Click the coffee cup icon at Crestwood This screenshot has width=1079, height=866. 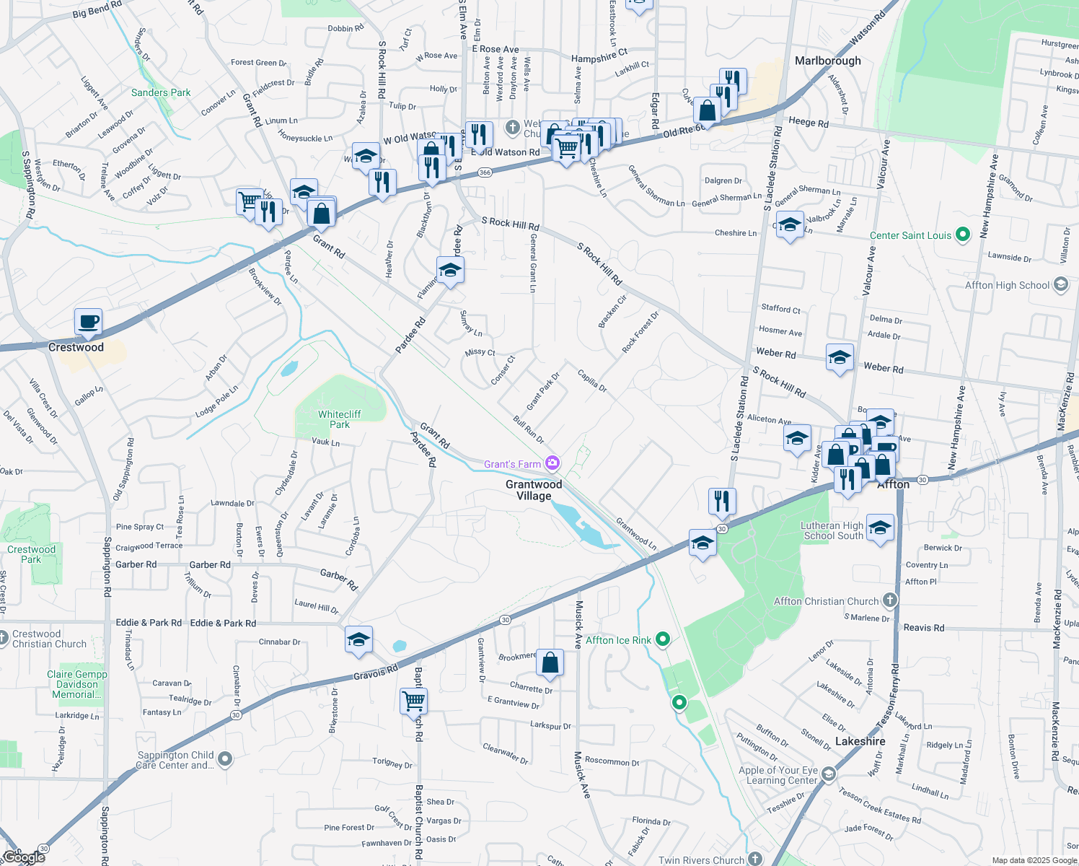coord(88,322)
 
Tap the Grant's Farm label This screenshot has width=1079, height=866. coord(512,464)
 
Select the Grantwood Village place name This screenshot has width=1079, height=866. coord(534,490)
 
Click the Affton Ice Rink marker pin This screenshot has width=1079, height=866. coord(664,639)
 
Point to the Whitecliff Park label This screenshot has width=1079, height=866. coord(339,419)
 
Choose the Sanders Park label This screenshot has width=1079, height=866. coord(161,92)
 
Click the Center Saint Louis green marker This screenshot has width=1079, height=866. coord(962,235)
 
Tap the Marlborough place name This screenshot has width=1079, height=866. coord(827,61)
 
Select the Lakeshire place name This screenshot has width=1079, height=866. coord(860,741)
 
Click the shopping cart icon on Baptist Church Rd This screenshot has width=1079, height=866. coord(414,700)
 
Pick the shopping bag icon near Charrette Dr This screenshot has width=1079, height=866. coord(550,662)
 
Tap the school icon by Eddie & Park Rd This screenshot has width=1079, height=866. coord(358,639)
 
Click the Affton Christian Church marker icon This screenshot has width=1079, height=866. coord(890,600)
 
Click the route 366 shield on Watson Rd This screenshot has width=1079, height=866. coord(485,172)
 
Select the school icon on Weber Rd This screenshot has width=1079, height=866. coord(840,358)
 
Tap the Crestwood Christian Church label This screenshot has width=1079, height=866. coord(49,639)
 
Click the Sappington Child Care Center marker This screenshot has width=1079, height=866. coord(225,758)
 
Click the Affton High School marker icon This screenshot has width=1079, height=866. coord(1060,284)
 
